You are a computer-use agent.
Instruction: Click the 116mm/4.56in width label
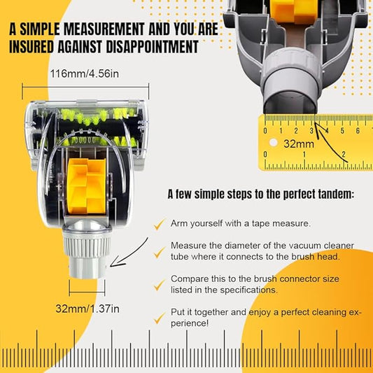coord(84,73)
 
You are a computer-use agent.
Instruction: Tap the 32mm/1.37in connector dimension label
coord(87,309)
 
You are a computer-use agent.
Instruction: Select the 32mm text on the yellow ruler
coord(299,144)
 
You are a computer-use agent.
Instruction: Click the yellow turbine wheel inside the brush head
coord(87,186)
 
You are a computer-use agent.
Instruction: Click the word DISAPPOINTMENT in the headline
coord(152,47)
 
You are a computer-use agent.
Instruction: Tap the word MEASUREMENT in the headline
coord(104,29)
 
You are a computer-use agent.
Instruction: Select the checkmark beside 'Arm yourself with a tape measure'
coord(159,224)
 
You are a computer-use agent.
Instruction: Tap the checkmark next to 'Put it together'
coord(159,318)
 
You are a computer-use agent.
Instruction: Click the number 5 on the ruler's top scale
coord(342,131)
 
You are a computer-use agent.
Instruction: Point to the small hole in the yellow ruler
coord(274,143)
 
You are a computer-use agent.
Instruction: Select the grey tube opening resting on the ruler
coord(290,102)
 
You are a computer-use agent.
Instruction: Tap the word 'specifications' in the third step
coord(248,290)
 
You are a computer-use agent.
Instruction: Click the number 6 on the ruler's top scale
coord(358,131)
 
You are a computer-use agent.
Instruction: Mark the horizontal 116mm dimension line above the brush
coord(85,87)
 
